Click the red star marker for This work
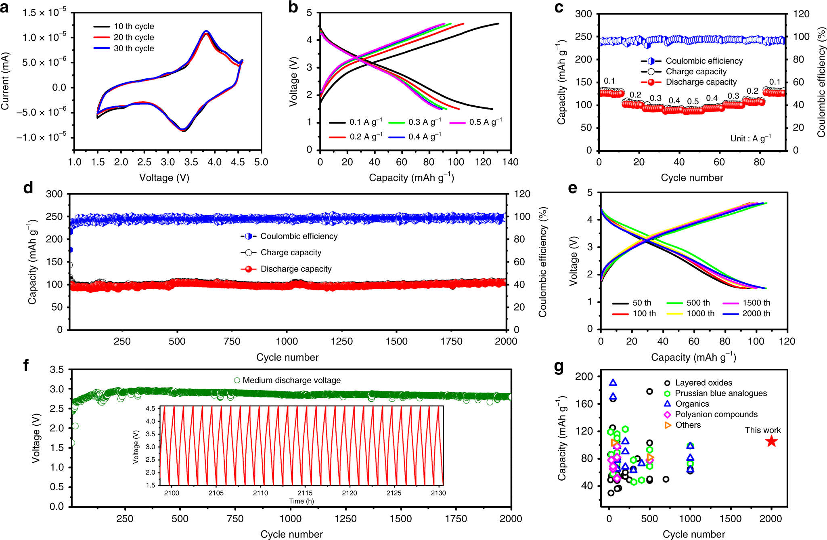[771, 441]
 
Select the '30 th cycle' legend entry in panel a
[134, 48]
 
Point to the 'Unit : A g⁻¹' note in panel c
[750, 139]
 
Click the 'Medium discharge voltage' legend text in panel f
[291, 380]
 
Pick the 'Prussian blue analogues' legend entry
[720, 393]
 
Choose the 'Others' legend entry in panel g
[688, 425]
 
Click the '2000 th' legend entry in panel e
[756, 313]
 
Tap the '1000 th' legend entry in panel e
[700, 313]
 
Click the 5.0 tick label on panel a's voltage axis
[261, 162]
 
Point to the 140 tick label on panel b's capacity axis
[510, 162]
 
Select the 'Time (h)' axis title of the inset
[301, 501]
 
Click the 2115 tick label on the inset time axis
[305, 493]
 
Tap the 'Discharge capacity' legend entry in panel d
[296, 269]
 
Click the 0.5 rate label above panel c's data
[693, 101]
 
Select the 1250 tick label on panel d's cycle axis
[341, 341]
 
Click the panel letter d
[28, 188]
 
